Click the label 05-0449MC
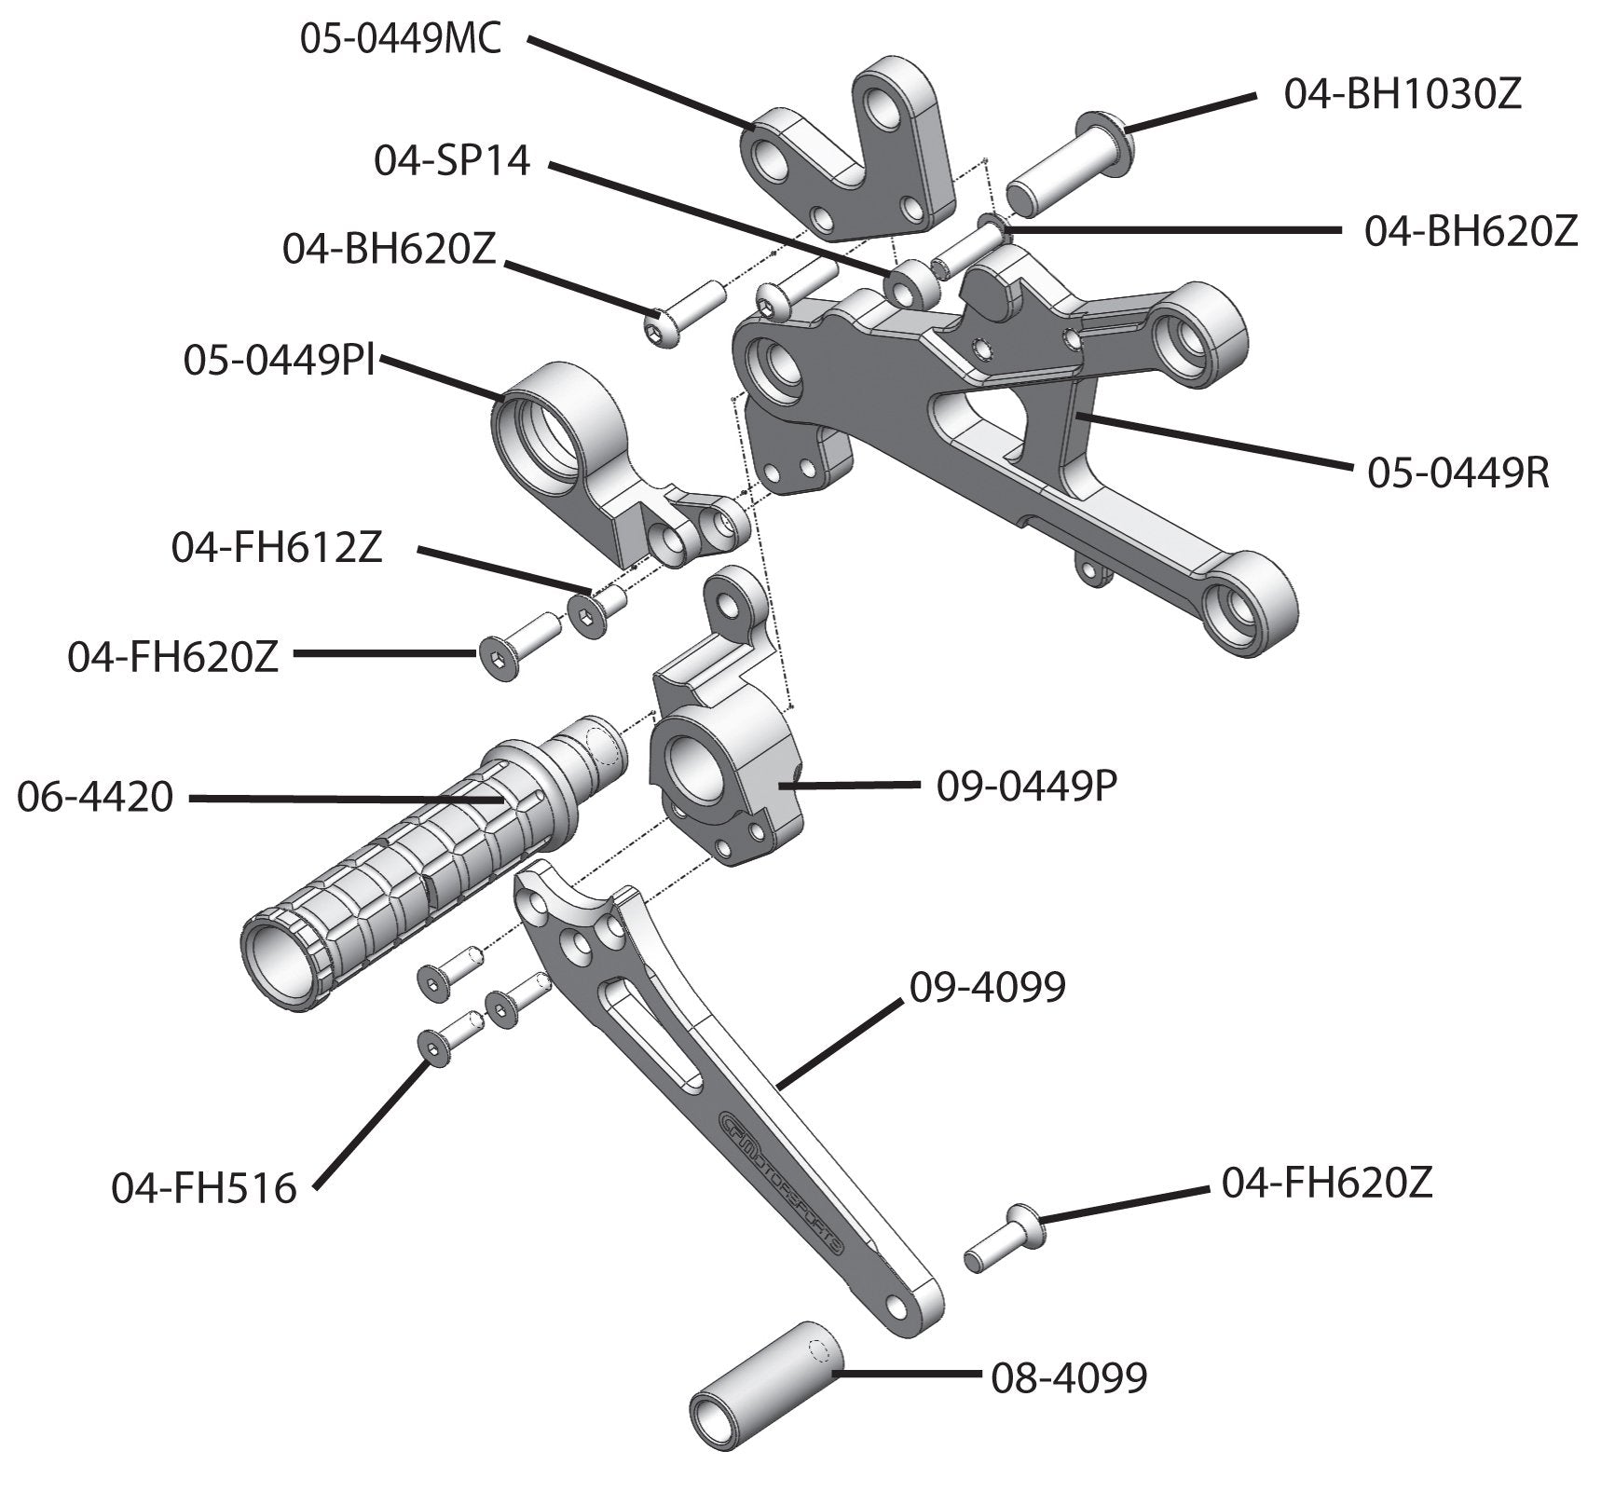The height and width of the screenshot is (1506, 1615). click(x=401, y=40)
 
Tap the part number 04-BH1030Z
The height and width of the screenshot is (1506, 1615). click(x=1403, y=95)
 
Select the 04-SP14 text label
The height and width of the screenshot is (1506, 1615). click(x=452, y=161)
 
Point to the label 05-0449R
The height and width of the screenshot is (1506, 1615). click(x=1458, y=473)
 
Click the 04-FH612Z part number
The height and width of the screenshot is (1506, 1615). click(x=276, y=549)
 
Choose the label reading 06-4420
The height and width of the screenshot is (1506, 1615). click(x=95, y=798)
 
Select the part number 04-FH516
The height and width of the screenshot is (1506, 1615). click(x=203, y=1188)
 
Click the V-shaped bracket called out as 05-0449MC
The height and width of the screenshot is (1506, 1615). click(x=848, y=158)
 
